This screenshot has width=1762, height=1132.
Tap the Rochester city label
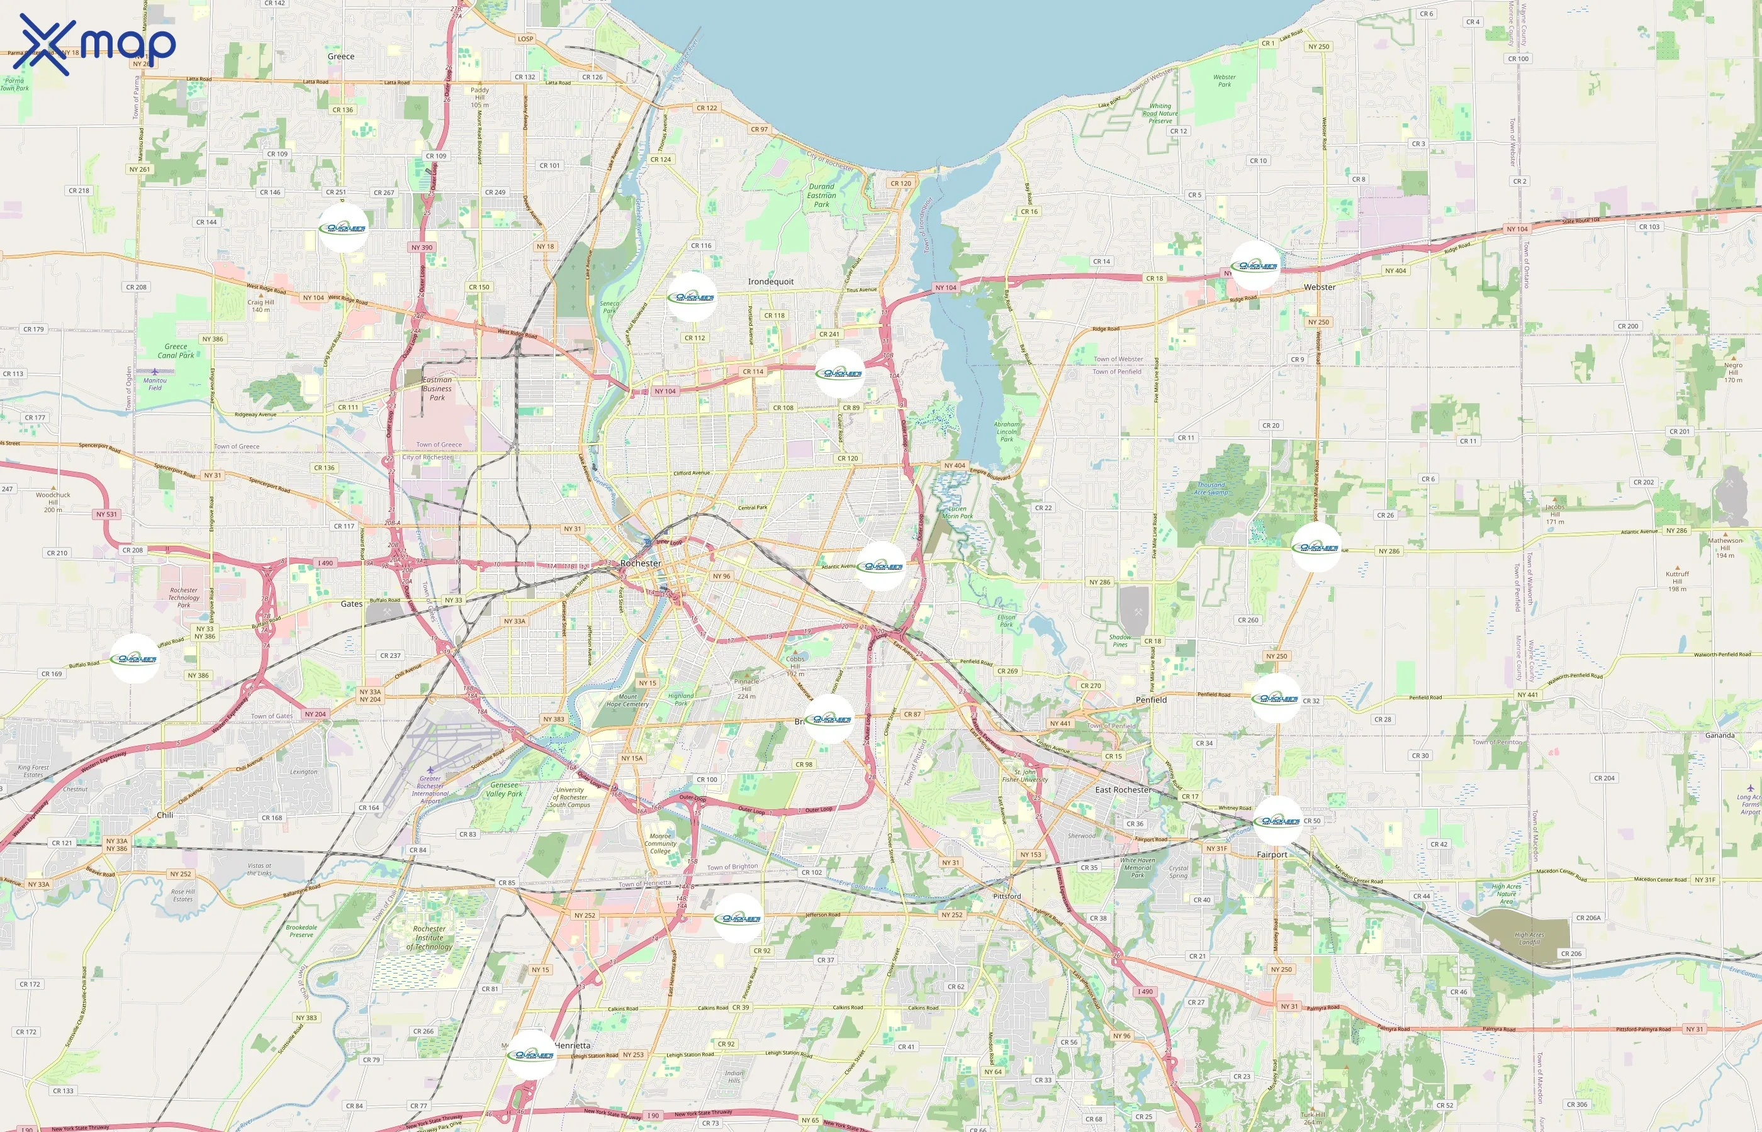(641, 563)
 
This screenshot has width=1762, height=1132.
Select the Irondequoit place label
(771, 282)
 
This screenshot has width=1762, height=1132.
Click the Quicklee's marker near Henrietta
(531, 1055)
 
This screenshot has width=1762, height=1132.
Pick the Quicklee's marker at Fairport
(1277, 820)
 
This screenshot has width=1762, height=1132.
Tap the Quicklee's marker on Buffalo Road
(134, 658)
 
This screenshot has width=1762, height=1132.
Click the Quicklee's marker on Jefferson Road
(738, 918)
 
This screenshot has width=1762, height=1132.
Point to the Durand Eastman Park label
(821, 196)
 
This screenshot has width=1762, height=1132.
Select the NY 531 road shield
(106, 514)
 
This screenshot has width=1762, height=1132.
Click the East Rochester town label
(1123, 789)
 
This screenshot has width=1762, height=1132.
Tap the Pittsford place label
(1007, 896)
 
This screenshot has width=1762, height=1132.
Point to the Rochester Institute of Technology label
(429, 937)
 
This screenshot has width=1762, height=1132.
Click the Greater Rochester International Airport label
(430, 789)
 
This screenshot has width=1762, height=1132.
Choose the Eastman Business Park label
(437, 389)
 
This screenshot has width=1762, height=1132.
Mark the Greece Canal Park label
(176, 351)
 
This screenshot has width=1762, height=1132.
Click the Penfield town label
(1151, 700)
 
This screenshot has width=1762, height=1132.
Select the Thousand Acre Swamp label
(1211, 488)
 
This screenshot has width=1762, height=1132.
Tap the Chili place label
(165, 815)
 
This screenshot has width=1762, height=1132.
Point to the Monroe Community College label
(660, 843)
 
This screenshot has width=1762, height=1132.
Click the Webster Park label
(1225, 80)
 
